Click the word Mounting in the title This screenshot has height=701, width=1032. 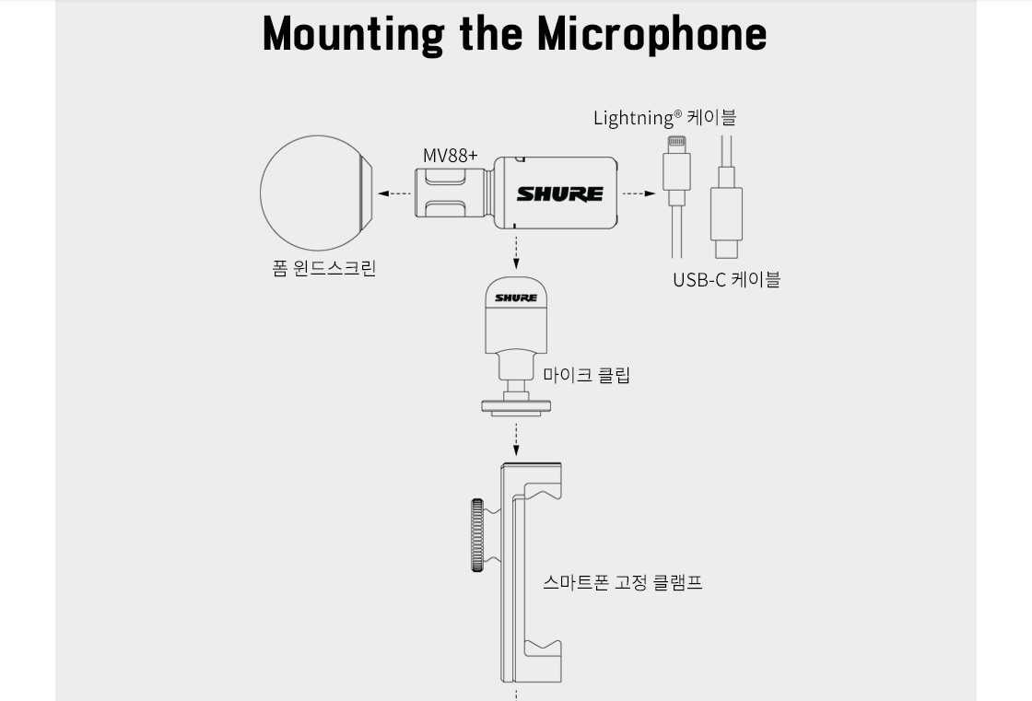coord(354,34)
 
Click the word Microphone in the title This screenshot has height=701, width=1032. coord(652,34)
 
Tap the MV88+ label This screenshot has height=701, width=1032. coord(451,156)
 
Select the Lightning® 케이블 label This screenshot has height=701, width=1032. coord(664,118)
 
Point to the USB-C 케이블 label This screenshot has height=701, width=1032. coord(727,280)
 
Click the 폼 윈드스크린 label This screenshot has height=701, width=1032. coord(323,269)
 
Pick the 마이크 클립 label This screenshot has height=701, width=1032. coord(586,375)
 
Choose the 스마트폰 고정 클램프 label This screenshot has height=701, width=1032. coord(623,582)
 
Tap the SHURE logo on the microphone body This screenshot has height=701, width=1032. coord(560,193)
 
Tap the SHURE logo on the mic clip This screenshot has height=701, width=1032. coord(516,298)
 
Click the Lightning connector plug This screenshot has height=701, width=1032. coord(676,171)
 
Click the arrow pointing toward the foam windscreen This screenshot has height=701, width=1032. coord(395,193)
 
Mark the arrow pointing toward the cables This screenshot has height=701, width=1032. coord(639,193)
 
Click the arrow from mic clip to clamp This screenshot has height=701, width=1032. coord(516,439)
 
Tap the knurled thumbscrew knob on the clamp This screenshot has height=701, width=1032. coord(477,535)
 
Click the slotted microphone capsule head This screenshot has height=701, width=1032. coord(452,193)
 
